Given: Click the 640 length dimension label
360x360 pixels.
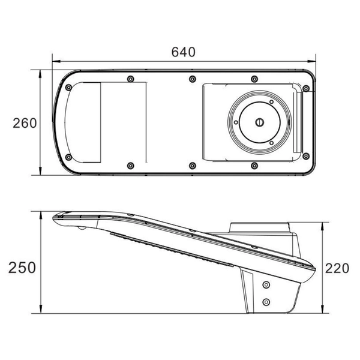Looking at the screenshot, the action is [x=183, y=52].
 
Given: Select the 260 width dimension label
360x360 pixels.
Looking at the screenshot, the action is [x=25, y=123].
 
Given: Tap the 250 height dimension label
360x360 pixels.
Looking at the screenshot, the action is [x=22, y=268].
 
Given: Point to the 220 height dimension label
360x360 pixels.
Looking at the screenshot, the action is [x=337, y=268].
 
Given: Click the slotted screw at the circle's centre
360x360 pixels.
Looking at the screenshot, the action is [x=260, y=122].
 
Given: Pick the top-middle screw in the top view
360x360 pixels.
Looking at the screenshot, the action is [x=193, y=79].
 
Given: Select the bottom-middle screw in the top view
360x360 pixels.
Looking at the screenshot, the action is [x=193, y=166].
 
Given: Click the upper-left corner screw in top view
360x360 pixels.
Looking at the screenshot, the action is [x=68, y=88].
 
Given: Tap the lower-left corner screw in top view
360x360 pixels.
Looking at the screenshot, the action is [x=68, y=157].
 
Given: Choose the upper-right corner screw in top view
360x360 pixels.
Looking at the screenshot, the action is [x=306, y=88].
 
